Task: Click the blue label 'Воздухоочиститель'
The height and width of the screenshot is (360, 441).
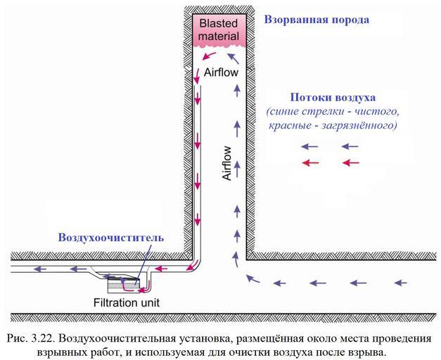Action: [111, 238]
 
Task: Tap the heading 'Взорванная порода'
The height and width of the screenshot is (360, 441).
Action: [317, 20]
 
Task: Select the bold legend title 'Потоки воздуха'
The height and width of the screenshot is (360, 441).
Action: [333, 97]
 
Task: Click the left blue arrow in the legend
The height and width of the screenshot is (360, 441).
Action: [310, 147]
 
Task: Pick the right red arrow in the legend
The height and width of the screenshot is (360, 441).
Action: [350, 163]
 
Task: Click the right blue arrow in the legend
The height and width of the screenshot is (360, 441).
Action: [350, 147]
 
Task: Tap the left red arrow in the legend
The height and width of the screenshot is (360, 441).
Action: [310, 163]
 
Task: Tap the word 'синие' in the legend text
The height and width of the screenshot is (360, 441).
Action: [285, 111]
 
